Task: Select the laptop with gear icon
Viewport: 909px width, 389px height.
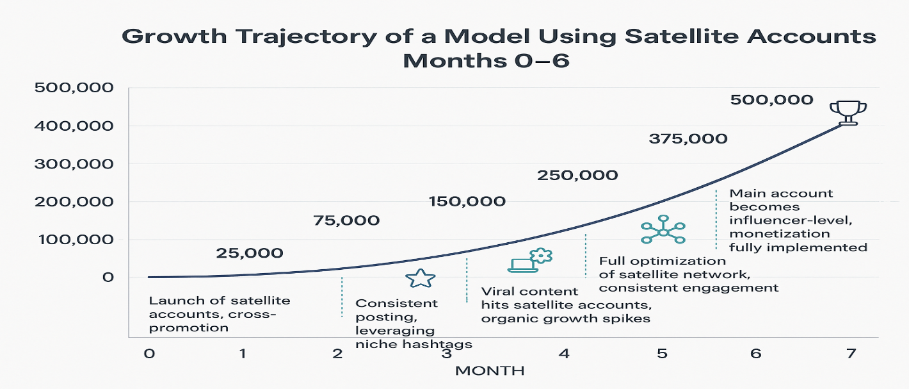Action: click(x=530, y=260)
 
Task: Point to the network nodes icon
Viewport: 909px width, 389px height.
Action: click(x=663, y=229)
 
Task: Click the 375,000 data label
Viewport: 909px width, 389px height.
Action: click(x=688, y=138)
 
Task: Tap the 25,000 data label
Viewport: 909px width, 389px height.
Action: click(x=250, y=253)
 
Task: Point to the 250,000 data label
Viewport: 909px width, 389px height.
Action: click(x=577, y=176)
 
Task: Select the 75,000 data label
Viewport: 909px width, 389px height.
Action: click(x=346, y=221)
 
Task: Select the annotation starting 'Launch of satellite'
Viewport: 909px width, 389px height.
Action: click(x=219, y=314)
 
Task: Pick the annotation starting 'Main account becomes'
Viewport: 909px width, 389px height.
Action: click(x=798, y=220)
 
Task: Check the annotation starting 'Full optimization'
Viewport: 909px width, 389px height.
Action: click(x=688, y=274)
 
